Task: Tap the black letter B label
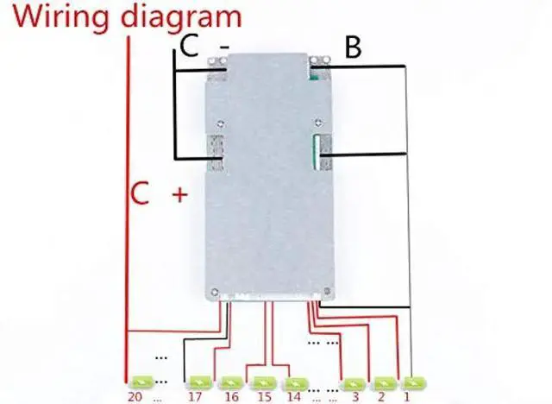pyautogui.click(x=352, y=47)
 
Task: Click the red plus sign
pyautogui.click(x=180, y=195)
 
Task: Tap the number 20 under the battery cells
pyautogui.click(x=135, y=396)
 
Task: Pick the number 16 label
pyautogui.click(x=230, y=396)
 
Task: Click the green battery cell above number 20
pyautogui.click(x=140, y=381)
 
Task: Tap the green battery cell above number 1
pyautogui.click(x=414, y=381)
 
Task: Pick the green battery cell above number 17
pyautogui.click(x=198, y=381)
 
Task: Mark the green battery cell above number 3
pyautogui.click(x=354, y=381)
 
